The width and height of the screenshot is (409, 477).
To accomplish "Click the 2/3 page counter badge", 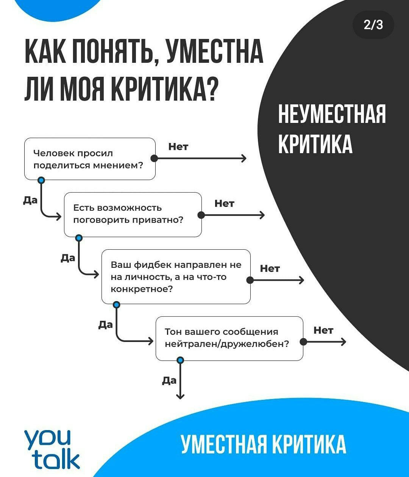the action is pyautogui.click(x=373, y=25).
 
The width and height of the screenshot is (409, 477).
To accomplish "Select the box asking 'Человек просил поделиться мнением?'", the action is pyautogui.click(x=90, y=159).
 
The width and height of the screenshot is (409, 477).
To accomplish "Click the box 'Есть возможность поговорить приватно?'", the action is pyautogui.click(x=133, y=214).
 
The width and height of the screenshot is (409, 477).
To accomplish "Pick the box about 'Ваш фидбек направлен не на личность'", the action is pyautogui.click(x=176, y=277).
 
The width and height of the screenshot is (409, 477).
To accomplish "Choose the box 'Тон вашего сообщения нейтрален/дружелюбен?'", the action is pyautogui.click(x=229, y=339).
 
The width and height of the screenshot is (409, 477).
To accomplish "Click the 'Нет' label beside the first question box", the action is pyautogui.click(x=178, y=147).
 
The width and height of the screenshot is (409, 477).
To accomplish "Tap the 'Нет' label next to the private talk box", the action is pyautogui.click(x=224, y=204).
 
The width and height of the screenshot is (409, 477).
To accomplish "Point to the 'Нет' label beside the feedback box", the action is pyautogui.click(x=270, y=269).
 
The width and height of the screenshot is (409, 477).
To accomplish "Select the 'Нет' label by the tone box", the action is pyautogui.click(x=323, y=331).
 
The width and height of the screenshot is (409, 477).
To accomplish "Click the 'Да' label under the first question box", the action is pyautogui.click(x=30, y=200).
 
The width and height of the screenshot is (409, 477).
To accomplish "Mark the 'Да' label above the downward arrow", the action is pyautogui.click(x=169, y=381).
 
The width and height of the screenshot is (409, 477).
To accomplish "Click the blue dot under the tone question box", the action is pyautogui.click(x=180, y=360).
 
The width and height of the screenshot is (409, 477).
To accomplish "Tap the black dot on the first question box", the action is pyautogui.click(x=154, y=158).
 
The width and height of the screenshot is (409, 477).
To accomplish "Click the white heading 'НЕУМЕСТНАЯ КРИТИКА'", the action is pyautogui.click(x=332, y=129).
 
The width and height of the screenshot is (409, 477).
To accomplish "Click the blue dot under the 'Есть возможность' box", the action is pyautogui.click(x=79, y=238).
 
